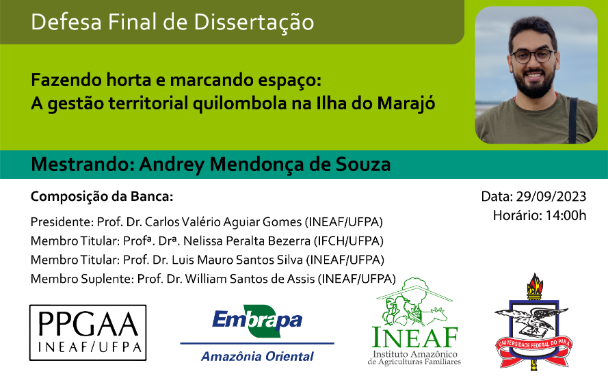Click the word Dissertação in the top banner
pos(254,22)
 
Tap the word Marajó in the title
pos(406,104)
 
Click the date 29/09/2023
pos(551,196)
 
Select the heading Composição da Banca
pos(102,197)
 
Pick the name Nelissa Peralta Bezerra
pos(247,241)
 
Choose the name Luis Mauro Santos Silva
pos(237,260)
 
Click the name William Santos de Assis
pos(250,279)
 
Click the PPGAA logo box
pos(88,333)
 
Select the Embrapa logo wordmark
pos(257,321)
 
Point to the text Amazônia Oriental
pos(257,356)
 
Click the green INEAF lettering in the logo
pos(415,337)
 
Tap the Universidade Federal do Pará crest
pos(534,321)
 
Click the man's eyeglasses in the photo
pos(533,56)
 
